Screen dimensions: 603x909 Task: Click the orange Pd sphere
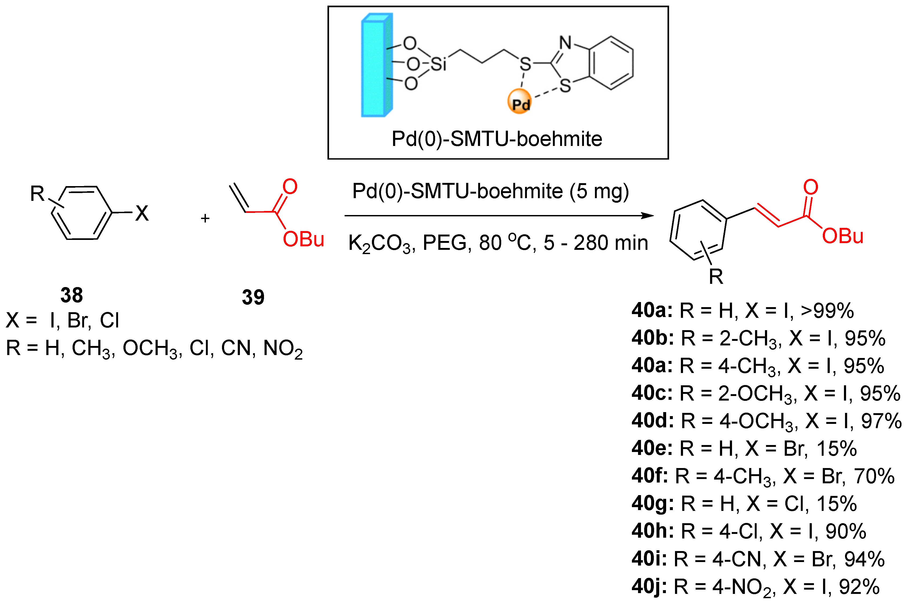519,101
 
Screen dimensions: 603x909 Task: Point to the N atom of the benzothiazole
565,43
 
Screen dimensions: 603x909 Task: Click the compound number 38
71,295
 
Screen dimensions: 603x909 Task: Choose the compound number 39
253,297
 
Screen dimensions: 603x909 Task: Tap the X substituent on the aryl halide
141,213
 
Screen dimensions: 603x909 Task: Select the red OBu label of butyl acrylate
303,239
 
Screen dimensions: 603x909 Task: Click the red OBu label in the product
843,236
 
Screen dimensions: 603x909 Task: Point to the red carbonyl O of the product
810,187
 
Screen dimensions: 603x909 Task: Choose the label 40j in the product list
649,586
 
